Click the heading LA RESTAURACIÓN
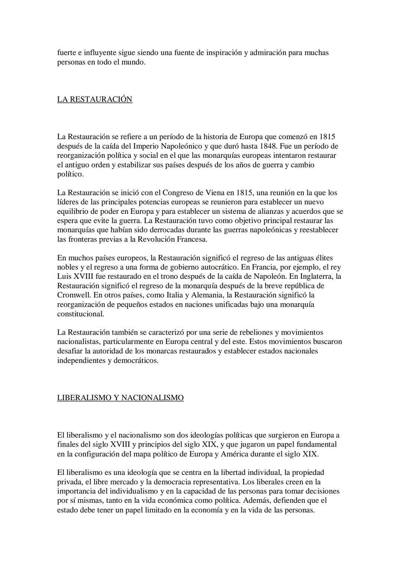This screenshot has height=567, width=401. (95, 99)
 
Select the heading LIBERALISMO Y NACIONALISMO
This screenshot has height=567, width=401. (120, 398)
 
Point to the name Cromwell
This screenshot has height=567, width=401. (74, 295)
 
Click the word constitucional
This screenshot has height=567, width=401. (81, 314)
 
